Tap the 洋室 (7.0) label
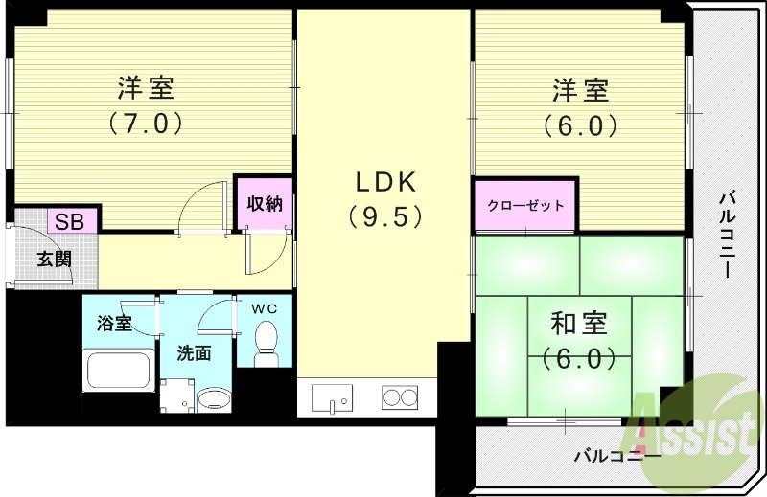coord(146,105)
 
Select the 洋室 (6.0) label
coord(580,107)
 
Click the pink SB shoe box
coord(68,221)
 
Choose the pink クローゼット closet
coord(525,205)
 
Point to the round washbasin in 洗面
coord(213,400)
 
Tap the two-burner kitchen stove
coord(402,395)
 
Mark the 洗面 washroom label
coord(194,352)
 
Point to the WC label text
coord(264,308)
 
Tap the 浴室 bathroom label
coord(115,323)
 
